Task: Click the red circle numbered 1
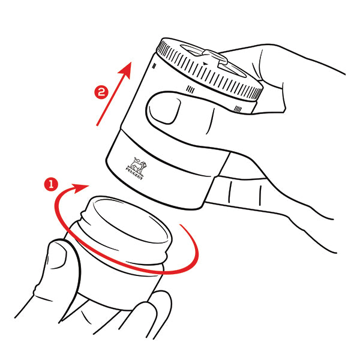tap(51, 184)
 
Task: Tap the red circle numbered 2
tap(101, 92)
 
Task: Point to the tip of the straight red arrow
tap(131, 62)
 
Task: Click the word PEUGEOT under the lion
tap(134, 173)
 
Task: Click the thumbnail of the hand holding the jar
tap(58, 254)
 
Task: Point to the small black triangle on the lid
tap(205, 64)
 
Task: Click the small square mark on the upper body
tap(154, 66)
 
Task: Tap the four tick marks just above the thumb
tap(190, 89)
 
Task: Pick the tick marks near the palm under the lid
tap(238, 109)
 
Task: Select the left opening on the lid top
tap(191, 50)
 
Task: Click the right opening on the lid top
tap(232, 69)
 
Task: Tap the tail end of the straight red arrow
tap(97, 125)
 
